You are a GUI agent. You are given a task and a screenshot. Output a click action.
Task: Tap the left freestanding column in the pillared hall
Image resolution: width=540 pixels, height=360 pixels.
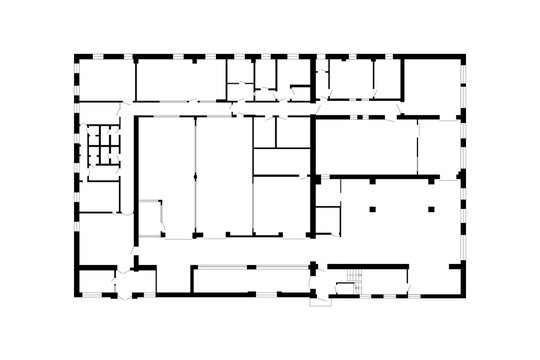tap(371, 209)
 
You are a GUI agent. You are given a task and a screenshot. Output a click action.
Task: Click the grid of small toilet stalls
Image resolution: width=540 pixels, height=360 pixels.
tap(100, 147)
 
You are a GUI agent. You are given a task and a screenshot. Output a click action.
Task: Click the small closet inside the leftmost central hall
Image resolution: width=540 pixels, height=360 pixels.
tap(151, 217)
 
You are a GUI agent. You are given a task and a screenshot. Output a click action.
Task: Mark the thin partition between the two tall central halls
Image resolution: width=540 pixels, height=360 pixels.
tap(195, 175)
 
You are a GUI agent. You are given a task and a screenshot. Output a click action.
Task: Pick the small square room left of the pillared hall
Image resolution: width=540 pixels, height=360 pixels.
tap(328, 217)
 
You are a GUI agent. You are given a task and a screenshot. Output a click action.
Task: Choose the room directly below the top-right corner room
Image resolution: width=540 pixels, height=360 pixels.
tap(439, 146)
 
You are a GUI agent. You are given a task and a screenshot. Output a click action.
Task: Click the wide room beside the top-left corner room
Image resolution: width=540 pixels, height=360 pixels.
tap(180, 80)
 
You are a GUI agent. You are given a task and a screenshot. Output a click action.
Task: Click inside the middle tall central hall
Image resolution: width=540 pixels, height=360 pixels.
tap(223, 175)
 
